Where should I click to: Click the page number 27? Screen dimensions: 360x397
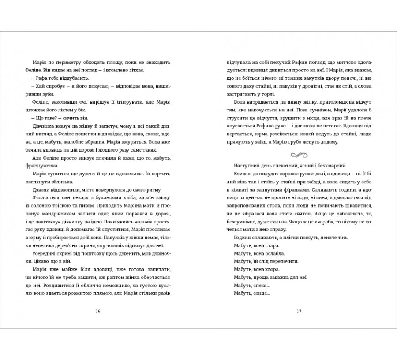click(299, 311)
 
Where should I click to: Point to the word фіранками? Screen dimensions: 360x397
click(299, 189)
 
